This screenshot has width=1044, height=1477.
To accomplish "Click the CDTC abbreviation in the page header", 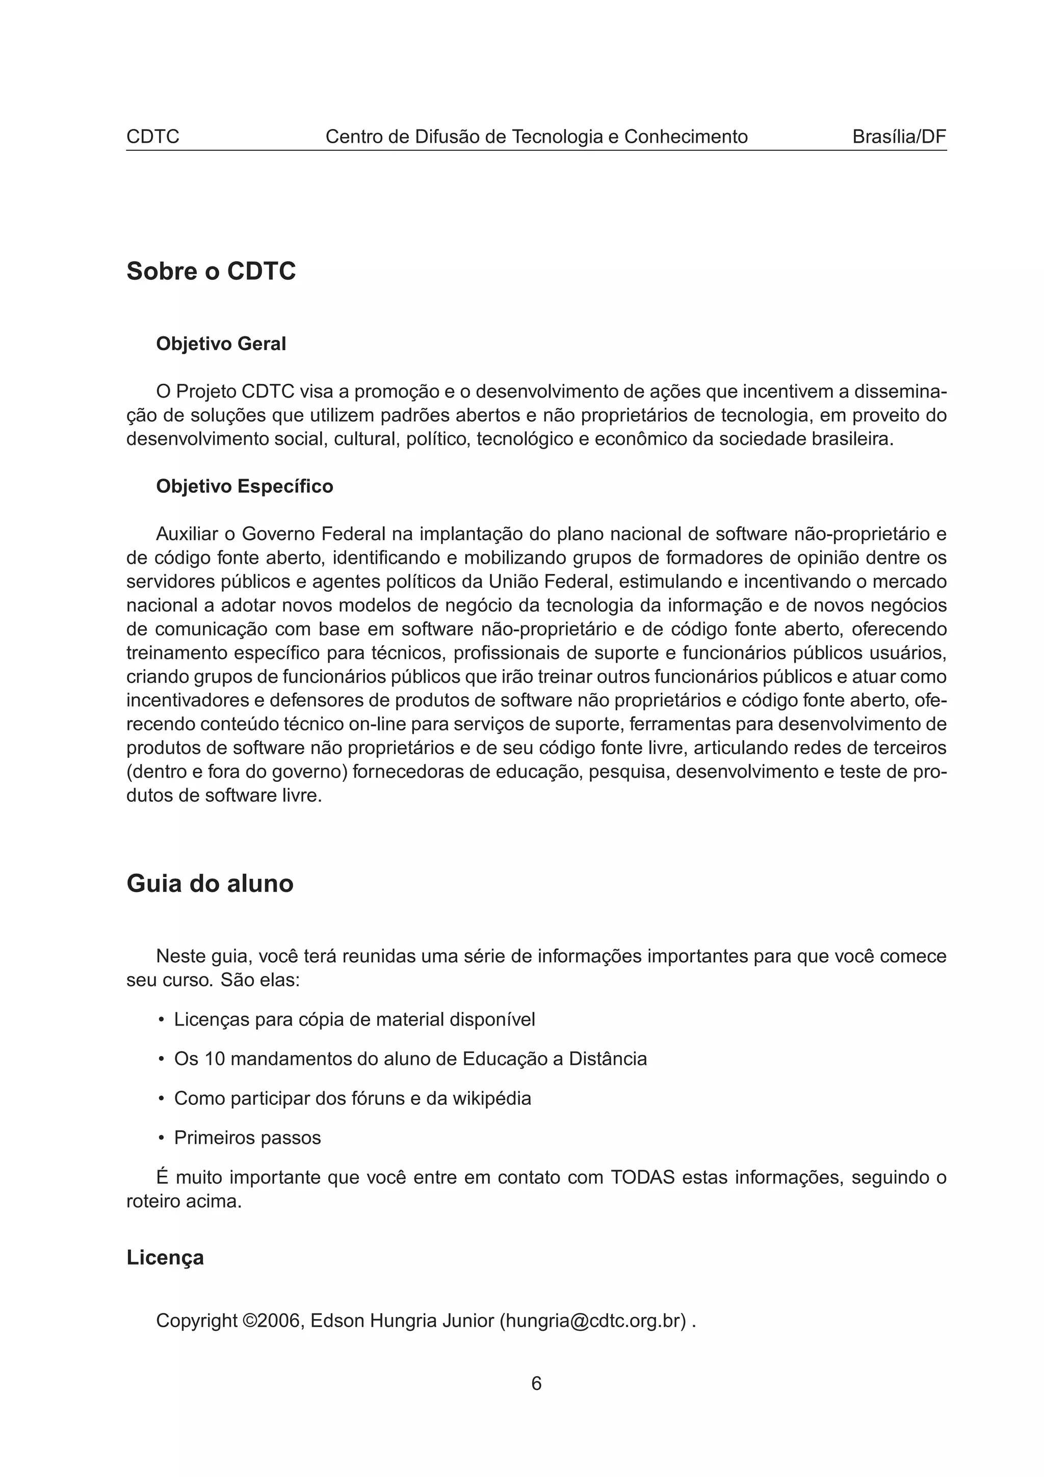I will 152,137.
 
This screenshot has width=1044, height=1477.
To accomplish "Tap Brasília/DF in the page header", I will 899,137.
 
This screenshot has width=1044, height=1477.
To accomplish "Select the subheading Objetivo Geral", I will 221,344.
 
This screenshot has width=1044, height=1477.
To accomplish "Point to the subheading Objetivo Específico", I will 245,486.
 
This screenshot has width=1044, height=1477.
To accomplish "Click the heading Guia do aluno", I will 210,883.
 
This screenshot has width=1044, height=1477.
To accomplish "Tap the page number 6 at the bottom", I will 536,1383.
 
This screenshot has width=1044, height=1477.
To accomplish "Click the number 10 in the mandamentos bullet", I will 215,1059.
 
